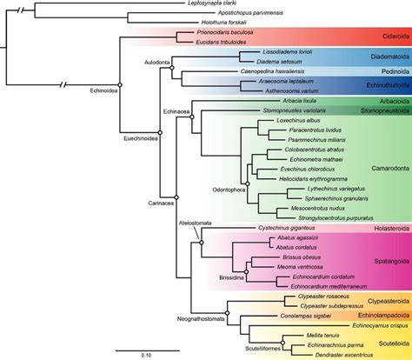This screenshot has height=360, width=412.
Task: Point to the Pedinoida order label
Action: (x=384, y=76)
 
